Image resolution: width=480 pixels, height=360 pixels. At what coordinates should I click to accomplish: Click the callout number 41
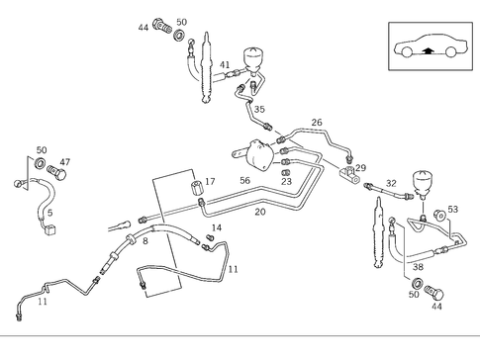click(x=225, y=64)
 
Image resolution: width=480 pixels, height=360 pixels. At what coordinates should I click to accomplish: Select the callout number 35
click(x=260, y=110)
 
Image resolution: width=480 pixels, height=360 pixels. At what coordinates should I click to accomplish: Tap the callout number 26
click(x=317, y=123)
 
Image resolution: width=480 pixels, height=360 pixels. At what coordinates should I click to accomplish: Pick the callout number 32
click(x=391, y=183)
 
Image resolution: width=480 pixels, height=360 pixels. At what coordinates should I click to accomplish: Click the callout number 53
click(x=453, y=209)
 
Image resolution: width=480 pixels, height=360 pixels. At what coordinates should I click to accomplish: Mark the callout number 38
click(x=418, y=267)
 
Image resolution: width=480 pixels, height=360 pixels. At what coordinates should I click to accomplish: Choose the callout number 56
click(x=244, y=182)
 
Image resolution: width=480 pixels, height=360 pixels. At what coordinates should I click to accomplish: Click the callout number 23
click(x=286, y=181)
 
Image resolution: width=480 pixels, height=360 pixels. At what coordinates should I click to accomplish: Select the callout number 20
click(x=260, y=212)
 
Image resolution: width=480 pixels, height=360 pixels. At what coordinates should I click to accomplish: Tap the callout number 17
click(x=210, y=182)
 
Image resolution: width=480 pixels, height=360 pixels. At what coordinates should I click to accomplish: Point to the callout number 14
click(x=217, y=228)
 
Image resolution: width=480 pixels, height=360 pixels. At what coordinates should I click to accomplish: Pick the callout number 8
click(x=144, y=240)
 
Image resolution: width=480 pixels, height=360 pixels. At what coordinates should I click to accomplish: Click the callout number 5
click(x=49, y=213)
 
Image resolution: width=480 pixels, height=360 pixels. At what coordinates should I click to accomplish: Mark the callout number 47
click(x=65, y=161)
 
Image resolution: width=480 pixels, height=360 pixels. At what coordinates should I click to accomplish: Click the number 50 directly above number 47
click(x=42, y=150)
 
